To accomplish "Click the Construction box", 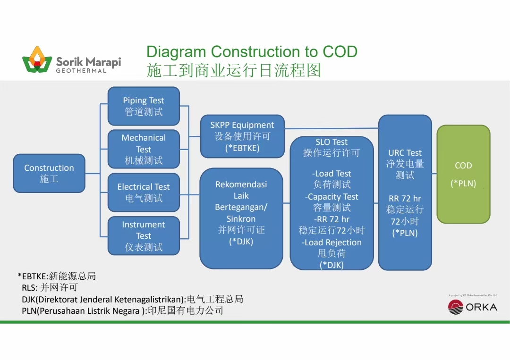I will click(49, 173).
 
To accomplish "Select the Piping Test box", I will click(144, 106).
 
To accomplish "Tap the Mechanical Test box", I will click(144, 149).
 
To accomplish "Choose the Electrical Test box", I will click(144, 193).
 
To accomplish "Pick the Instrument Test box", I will click(144, 235).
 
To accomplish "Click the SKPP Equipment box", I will click(242, 136).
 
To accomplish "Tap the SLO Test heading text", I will click(331, 142).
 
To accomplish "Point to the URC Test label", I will click(405, 153).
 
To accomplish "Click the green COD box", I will click(463, 174).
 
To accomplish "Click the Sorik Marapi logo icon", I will click(37, 59).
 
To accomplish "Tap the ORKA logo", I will click(472, 307).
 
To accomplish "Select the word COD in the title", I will click(340, 51).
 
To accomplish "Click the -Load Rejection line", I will click(332, 243).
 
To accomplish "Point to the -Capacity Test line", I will click(332, 197).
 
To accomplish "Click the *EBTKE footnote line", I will click(57, 276).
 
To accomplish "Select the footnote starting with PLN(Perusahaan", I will click(122, 311).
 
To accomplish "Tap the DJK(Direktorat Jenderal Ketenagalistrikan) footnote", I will click(132, 299).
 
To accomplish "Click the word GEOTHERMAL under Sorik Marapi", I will click(81, 71).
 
